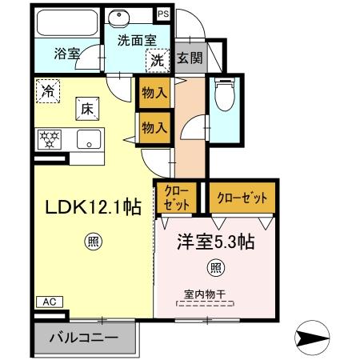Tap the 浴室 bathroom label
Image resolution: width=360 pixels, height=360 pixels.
pos(66,54)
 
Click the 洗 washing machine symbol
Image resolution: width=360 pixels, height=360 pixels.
pos(158,58)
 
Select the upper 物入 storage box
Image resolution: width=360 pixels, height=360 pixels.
pos(154,93)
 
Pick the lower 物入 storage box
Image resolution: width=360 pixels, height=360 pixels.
pos(154,126)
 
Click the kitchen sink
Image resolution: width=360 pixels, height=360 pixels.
pos(87,138)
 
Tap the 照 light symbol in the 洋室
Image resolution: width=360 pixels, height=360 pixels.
pos(215,267)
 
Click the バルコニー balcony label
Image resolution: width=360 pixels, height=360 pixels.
pos(82,337)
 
